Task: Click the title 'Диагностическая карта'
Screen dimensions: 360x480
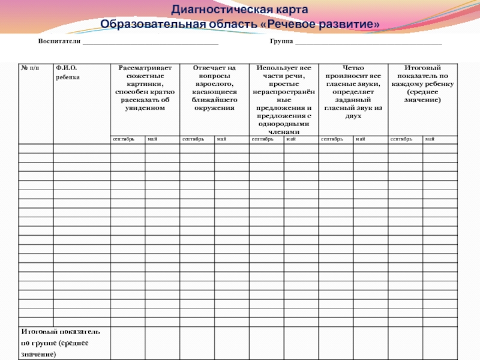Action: (x=240, y=10)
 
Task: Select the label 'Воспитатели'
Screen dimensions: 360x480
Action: (x=59, y=42)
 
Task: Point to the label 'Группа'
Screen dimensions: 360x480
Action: (x=281, y=42)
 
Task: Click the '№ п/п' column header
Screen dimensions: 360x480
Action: (x=29, y=68)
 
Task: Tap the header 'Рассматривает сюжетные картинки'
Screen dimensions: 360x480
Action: (x=145, y=88)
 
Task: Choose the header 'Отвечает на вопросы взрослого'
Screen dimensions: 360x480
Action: (x=214, y=88)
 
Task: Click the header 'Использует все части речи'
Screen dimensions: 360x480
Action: (x=283, y=100)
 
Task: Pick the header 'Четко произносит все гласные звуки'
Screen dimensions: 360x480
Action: (x=353, y=92)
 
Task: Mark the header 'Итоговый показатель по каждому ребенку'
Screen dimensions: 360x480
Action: (x=423, y=84)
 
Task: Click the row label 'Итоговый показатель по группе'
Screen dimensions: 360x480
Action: (x=61, y=343)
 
